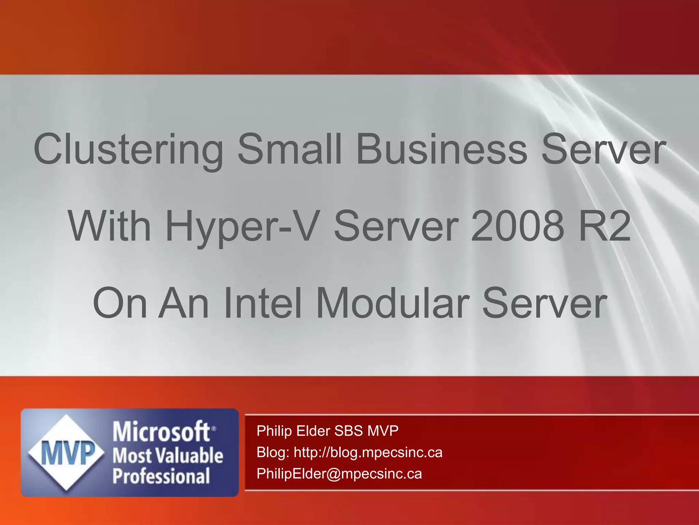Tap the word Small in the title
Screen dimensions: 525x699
click(x=290, y=150)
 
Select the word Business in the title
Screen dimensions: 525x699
click(x=442, y=150)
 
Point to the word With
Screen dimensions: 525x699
click(x=110, y=227)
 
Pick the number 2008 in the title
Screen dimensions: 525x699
click(x=517, y=227)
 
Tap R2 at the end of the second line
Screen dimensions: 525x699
click(x=604, y=227)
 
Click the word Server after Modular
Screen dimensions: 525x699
click(x=545, y=304)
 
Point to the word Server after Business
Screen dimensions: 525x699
click(x=603, y=150)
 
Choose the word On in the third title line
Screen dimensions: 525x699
click(x=120, y=304)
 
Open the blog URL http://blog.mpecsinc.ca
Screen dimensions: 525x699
click(x=368, y=453)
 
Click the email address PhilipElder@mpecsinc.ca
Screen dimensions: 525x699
click(x=339, y=474)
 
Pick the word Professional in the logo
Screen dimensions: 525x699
click(x=161, y=476)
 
